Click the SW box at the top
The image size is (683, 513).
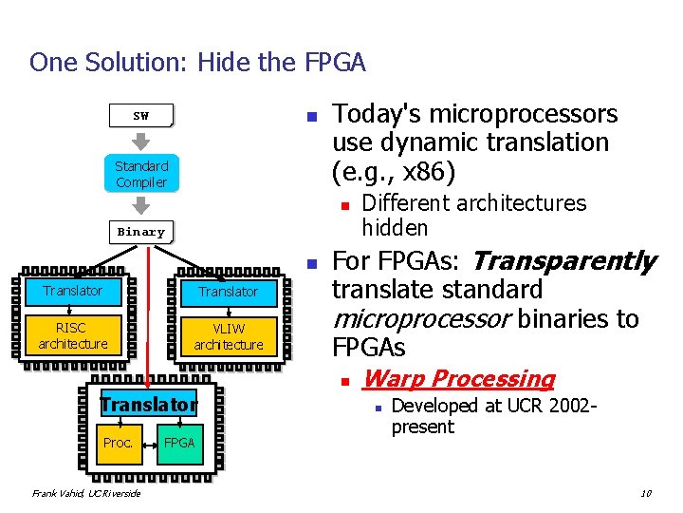click(140, 116)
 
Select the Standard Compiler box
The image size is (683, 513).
click(140, 174)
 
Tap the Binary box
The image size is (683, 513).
click(140, 232)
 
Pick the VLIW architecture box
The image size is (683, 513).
click(229, 336)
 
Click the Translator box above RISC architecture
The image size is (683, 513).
click(73, 291)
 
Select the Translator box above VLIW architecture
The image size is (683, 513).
click(229, 292)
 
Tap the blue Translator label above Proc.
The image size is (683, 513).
click(148, 405)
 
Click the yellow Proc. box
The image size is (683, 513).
click(119, 443)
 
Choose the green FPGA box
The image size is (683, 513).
click(179, 443)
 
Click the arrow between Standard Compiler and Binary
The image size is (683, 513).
click(140, 205)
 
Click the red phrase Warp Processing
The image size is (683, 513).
click(458, 379)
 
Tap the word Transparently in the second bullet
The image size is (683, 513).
click(563, 260)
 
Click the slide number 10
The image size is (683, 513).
click(645, 492)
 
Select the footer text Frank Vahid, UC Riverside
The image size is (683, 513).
click(85, 493)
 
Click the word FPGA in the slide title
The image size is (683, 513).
click(335, 63)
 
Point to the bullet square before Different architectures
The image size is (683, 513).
click(347, 204)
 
